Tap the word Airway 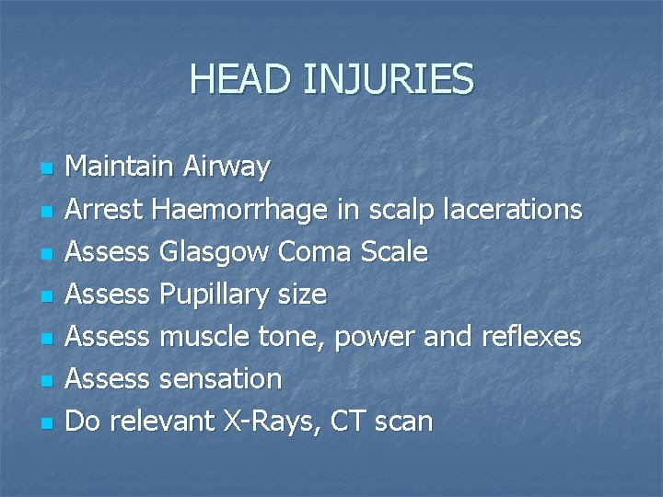pos(227,168)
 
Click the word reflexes pos(531,337)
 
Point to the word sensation pos(220,379)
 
